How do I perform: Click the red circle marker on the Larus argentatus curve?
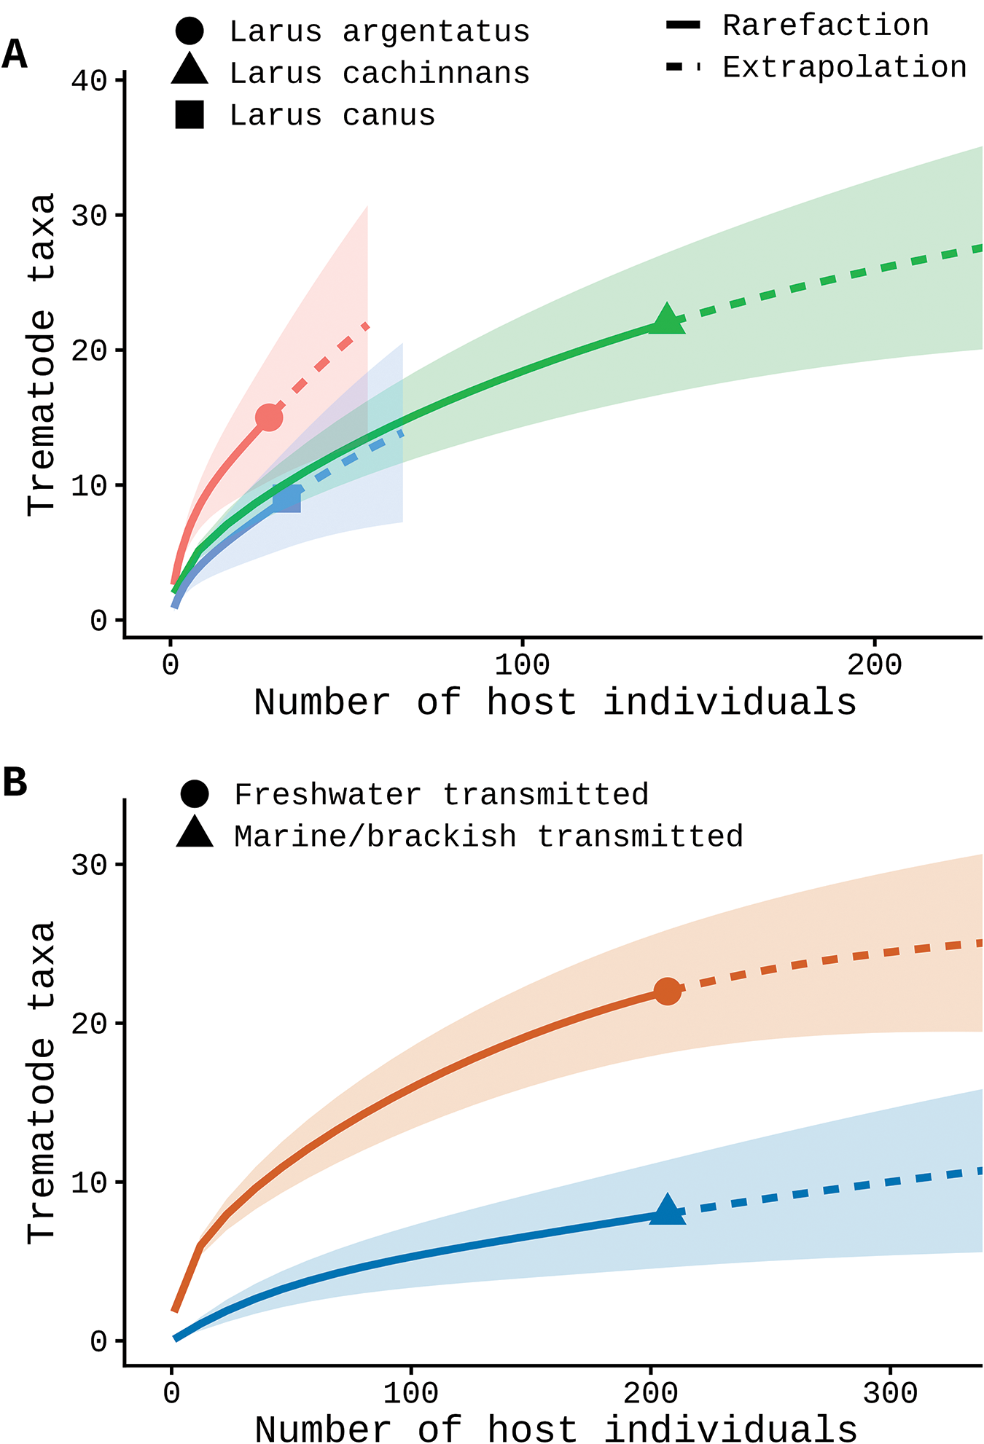pyautogui.click(x=269, y=417)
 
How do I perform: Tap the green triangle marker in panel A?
pyautogui.click(x=667, y=319)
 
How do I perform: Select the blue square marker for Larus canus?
pyautogui.click(x=286, y=499)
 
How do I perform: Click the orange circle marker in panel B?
pyautogui.click(x=668, y=991)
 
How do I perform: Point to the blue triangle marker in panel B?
pyautogui.click(x=667, y=1210)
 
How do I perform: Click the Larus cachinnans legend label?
pyautogui.click(x=380, y=74)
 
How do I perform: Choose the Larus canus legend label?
pyautogui.click(x=332, y=115)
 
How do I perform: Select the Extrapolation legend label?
pyautogui.click(x=845, y=67)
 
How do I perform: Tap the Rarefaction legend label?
pyautogui.click(x=826, y=25)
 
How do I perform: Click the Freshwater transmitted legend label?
pyautogui.click(x=441, y=794)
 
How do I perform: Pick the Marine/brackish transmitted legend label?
pyautogui.click(x=488, y=836)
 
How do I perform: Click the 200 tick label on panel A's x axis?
pyautogui.click(x=875, y=664)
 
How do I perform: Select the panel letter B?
pyautogui.click(x=15, y=782)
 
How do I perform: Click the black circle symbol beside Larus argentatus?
pyautogui.click(x=190, y=31)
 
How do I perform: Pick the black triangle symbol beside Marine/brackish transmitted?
pyautogui.click(x=195, y=832)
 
